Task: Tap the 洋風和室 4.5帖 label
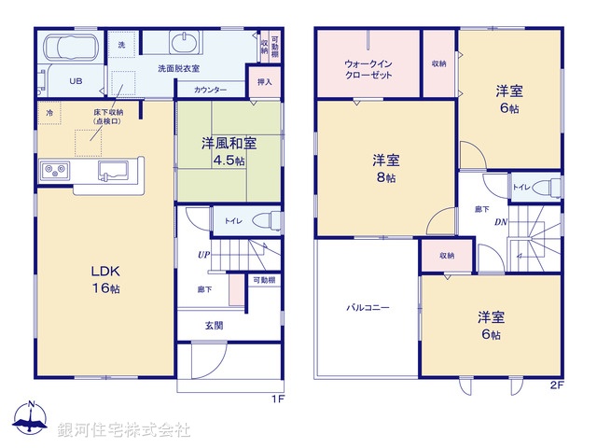229,151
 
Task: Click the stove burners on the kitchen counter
54,171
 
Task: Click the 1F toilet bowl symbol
268,220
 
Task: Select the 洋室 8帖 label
386,166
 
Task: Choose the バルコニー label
368,306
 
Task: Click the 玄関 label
214,326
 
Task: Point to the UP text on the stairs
201,255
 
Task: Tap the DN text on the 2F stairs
500,221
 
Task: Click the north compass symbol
31,419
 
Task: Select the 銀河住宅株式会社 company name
123,430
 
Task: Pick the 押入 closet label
264,82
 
